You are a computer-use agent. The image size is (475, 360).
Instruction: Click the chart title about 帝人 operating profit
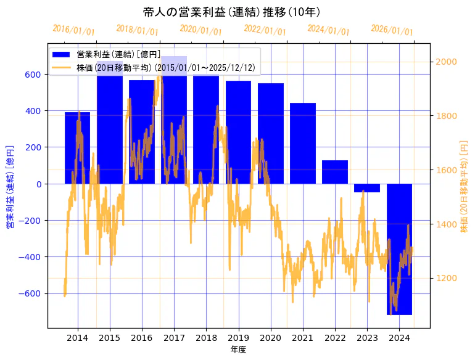(x=231, y=12)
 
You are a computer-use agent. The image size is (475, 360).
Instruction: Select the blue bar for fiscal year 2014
(x=78, y=148)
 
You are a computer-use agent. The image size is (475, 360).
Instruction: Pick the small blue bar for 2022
(x=335, y=172)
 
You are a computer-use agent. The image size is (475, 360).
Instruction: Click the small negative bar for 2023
(x=367, y=188)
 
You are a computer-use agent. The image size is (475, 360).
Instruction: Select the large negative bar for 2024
(x=399, y=249)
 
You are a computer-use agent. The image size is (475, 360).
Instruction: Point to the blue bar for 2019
(x=238, y=132)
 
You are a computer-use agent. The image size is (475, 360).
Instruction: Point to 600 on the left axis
(x=33, y=75)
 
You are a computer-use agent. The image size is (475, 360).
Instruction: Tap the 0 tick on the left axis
(x=38, y=184)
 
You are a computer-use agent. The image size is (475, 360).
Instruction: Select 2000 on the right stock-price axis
(x=446, y=62)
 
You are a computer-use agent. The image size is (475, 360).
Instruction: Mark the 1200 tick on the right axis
(x=446, y=278)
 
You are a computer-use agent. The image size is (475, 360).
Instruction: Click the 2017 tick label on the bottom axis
(x=174, y=338)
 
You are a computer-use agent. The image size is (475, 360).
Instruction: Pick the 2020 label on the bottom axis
(x=271, y=338)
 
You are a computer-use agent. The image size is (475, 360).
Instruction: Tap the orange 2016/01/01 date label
(x=74, y=30)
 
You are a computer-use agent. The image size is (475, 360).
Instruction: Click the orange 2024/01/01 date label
(x=328, y=30)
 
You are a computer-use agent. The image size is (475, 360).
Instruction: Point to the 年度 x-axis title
(x=238, y=350)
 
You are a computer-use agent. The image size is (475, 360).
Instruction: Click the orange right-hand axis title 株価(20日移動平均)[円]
(x=464, y=186)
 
